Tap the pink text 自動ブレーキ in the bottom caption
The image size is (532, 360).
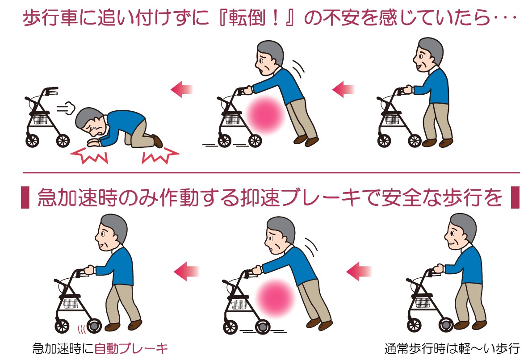tap(131, 348)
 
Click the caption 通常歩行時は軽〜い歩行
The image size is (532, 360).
tap(452, 348)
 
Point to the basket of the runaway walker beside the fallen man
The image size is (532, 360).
tap(41, 119)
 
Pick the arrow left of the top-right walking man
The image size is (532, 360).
tap(343, 89)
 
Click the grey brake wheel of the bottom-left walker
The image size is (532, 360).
tap(94, 327)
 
